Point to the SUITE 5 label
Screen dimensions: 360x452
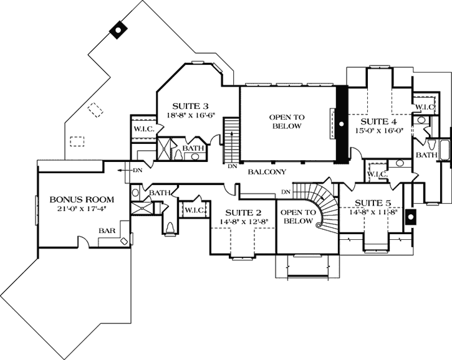(x=373, y=202)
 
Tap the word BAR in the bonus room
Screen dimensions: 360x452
(x=106, y=230)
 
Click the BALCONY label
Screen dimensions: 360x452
(x=266, y=171)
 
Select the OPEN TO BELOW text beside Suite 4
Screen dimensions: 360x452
(x=285, y=121)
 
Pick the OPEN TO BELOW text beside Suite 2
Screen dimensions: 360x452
(x=297, y=217)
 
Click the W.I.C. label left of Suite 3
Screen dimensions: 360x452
(x=143, y=129)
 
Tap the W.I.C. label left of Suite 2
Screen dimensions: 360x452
(x=192, y=211)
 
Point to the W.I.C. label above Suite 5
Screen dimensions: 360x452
(x=378, y=174)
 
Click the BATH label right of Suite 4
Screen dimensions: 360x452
(x=426, y=154)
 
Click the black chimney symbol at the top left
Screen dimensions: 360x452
(x=117, y=31)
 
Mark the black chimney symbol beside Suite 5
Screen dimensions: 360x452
(x=410, y=217)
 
